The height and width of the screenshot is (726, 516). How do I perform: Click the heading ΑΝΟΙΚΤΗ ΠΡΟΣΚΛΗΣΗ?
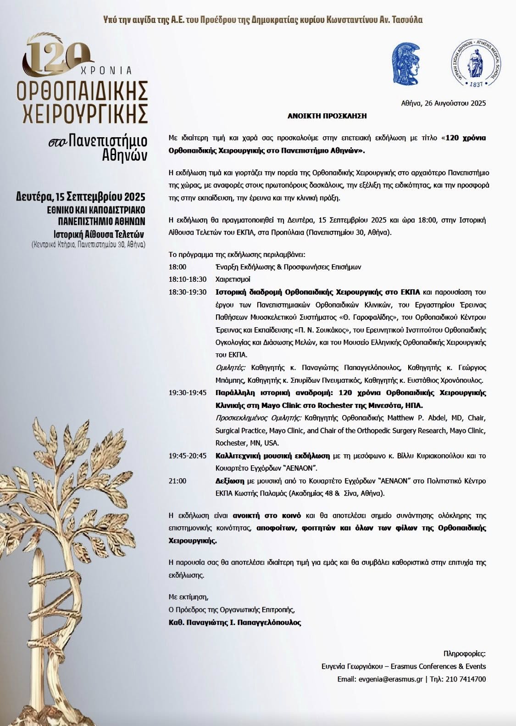[x=327, y=116]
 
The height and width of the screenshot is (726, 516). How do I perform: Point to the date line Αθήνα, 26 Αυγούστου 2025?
[x=443, y=103]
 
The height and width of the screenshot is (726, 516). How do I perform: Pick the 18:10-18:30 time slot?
[x=188, y=279]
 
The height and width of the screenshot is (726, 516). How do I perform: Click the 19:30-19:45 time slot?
[x=188, y=393]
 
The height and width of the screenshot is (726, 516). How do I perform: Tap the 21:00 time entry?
[x=178, y=481]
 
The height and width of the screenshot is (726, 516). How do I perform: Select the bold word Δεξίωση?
[x=230, y=481]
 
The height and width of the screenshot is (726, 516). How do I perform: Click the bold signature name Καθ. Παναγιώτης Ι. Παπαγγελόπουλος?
[x=235, y=623]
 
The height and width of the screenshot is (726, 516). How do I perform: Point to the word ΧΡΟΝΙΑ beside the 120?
[x=106, y=71]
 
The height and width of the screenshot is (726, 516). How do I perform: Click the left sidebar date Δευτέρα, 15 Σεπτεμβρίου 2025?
[x=80, y=197]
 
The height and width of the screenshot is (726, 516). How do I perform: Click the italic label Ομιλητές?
[x=231, y=368]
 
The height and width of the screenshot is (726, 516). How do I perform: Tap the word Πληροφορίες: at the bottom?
[x=464, y=653]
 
